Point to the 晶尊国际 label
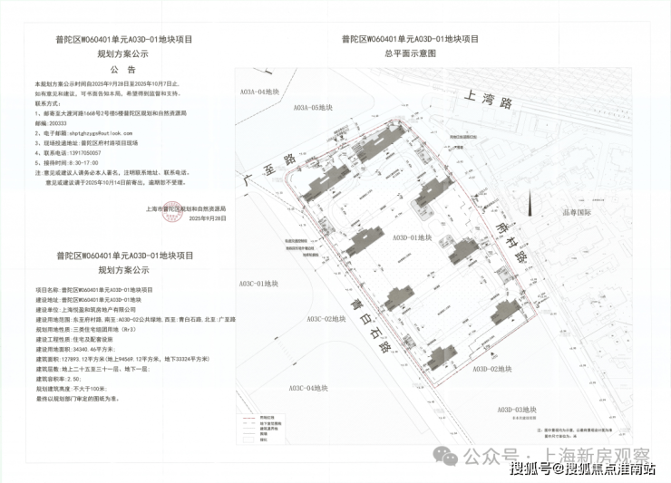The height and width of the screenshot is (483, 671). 577,214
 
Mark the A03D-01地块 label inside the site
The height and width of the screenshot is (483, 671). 413,237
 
